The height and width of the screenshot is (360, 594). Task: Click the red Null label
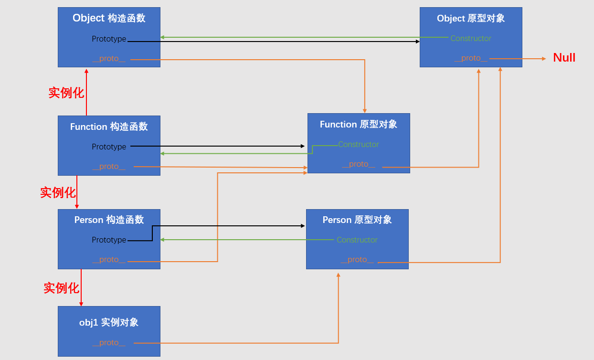pyautogui.click(x=564, y=58)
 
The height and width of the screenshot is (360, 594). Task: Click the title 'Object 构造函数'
pyautogui.click(x=109, y=18)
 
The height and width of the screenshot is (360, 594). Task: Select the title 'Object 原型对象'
pyautogui.click(x=471, y=18)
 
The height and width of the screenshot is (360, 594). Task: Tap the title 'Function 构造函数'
pyautogui.click(x=109, y=127)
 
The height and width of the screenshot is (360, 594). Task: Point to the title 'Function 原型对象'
pyautogui.click(x=358, y=124)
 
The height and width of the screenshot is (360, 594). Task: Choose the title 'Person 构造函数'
pyautogui.click(x=109, y=220)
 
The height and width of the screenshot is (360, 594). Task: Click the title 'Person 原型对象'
pyautogui.click(x=357, y=220)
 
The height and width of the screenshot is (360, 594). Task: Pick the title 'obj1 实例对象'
pyautogui.click(x=109, y=322)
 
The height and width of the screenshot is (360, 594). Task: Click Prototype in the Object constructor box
pyautogui.click(x=109, y=39)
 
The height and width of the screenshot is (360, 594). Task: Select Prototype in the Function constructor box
pyautogui.click(x=109, y=147)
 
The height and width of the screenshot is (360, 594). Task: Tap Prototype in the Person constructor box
pyautogui.click(x=109, y=240)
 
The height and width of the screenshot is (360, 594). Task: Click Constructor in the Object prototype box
pyautogui.click(x=471, y=39)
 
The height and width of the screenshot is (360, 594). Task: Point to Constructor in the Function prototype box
pyautogui.click(x=359, y=144)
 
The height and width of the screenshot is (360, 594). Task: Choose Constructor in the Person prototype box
pyautogui.click(x=357, y=240)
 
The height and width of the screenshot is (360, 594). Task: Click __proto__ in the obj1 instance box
pyautogui.click(x=109, y=343)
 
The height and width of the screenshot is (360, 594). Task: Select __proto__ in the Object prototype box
pyautogui.click(x=471, y=58)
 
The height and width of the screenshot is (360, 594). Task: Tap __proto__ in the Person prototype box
pyautogui.click(x=357, y=260)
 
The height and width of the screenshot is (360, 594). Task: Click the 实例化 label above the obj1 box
pyautogui.click(x=61, y=288)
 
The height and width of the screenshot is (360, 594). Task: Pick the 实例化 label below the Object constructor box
pyautogui.click(x=66, y=93)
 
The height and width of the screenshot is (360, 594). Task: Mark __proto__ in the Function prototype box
pyautogui.click(x=359, y=164)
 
